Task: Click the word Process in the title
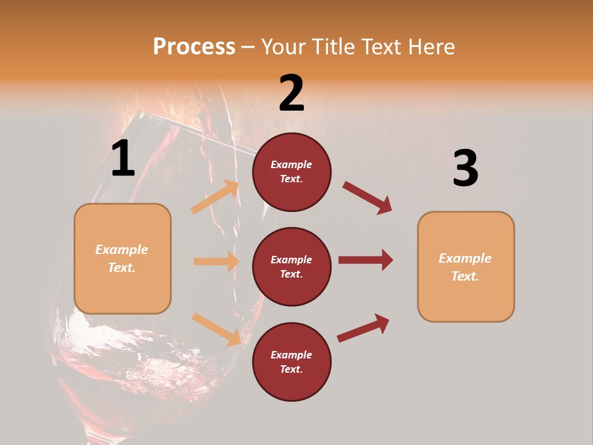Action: [x=194, y=46]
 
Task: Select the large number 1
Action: [x=123, y=159]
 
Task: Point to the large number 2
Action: [x=292, y=93]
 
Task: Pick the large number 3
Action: [x=465, y=168]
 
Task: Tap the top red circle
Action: [x=292, y=172]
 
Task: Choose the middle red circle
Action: [x=292, y=266]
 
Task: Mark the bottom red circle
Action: [x=292, y=362]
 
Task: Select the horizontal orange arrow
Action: [x=216, y=261]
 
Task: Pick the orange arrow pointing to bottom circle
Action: [x=217, y=329]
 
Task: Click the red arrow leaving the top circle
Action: [x=368, y=197]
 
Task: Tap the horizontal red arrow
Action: [x=366, y=260]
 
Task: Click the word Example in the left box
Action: [x=122, y=250]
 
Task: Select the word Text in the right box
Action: [x=464, y=276]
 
